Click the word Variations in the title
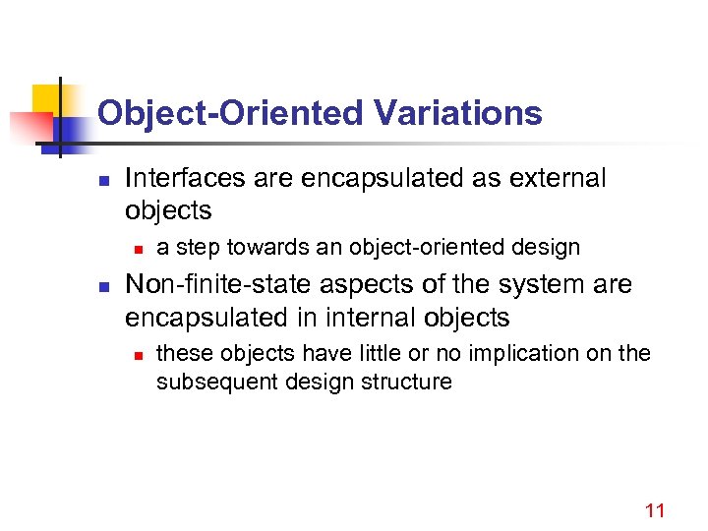pyautogui.click(x=458, y=113)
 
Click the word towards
pyautogui.click(x=261, y=247)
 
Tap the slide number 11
pyautogui.click(x=655, y=510)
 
